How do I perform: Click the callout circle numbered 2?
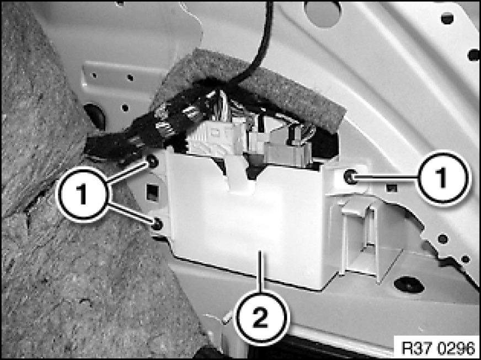point(261,318)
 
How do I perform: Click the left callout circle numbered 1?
point(82,194)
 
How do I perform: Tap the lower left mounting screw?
point(157,224)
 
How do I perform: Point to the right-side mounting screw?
point(350,176)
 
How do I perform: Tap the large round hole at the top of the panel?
point(322,12)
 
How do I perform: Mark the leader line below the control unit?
point(260,272)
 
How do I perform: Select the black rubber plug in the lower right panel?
point(409,285)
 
